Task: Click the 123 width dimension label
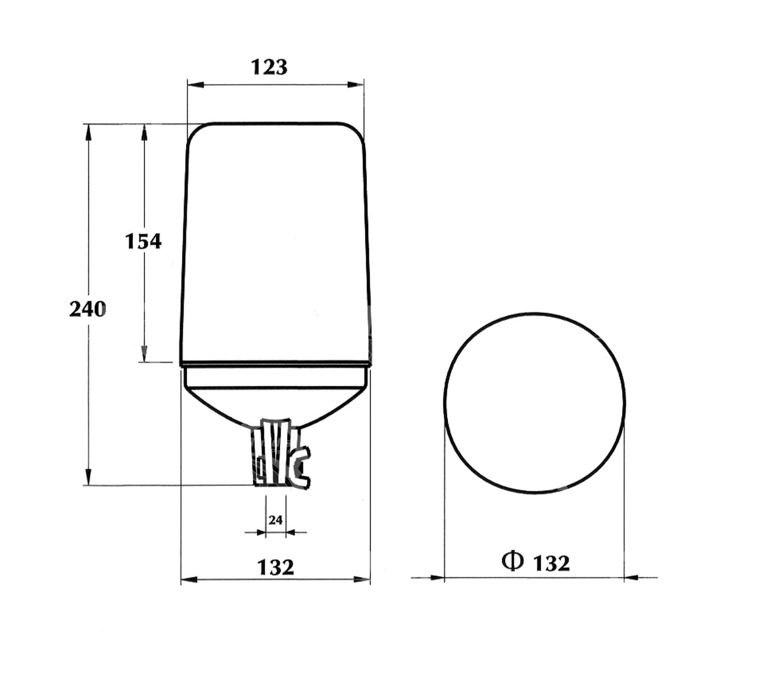click(269, 67)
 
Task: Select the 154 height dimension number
click(143, 241)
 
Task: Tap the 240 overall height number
click(87, 310)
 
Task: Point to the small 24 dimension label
click(276, 520)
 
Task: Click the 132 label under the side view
click(276, 567)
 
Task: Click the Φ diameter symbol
click(512, 561)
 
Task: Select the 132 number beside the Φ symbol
click(551, 563)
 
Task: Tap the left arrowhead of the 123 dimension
click(195, 85)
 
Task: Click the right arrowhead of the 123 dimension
click(356, 85)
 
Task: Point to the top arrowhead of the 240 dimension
click(89, 132)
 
